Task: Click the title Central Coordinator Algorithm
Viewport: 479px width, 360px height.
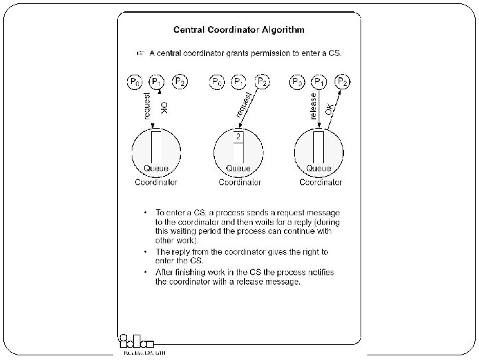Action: (239, 29)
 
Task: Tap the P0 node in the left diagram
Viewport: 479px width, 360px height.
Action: (134, 82)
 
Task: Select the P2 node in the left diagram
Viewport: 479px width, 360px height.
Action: (180, 82)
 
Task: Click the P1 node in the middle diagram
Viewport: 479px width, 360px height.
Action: (238, 82)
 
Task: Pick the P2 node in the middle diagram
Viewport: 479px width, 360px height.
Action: (263, 82)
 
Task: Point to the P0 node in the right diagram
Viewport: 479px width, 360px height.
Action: (298, 82)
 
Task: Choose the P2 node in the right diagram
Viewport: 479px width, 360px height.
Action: (342, 82)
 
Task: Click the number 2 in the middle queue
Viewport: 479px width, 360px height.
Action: (238, 137)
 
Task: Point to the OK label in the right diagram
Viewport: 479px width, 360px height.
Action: (329, 108)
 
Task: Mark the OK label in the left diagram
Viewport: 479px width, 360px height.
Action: (164, 108)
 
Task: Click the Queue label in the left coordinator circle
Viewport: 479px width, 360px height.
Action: (156, 169)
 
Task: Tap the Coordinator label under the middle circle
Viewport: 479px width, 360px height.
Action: (239, 182)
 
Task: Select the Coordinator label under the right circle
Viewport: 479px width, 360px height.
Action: (321, 182)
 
